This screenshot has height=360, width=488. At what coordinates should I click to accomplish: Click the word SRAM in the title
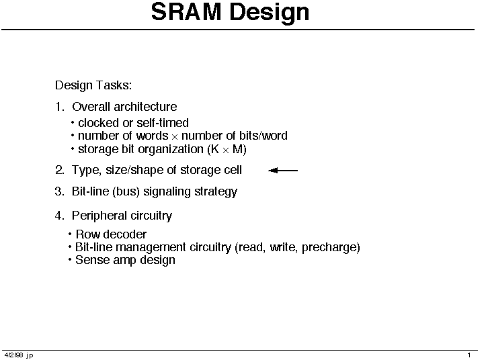tap(186, 12)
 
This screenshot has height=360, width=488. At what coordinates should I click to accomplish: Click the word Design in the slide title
tap(270, 13)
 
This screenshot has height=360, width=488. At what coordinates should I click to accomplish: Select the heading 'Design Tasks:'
tap(93, 85)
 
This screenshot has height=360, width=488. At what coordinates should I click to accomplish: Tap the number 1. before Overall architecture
tap(59, 107)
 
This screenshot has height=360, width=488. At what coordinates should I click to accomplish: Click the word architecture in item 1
tap(145, 107)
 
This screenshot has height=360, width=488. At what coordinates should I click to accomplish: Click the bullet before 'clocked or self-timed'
tap(73, 123)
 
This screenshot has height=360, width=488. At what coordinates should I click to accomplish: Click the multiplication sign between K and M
tap(226, 150)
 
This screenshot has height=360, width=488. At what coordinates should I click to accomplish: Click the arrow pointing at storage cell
tap(283, 171)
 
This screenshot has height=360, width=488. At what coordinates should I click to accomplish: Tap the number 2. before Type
tap(60, 170)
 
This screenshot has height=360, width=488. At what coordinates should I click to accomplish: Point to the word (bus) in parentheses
tap(126, 192)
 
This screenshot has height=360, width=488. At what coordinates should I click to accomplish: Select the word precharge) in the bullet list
tap(331, 248)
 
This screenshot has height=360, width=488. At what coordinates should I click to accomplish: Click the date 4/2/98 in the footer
tap(13, 355)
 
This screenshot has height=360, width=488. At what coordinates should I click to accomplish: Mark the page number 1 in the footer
tap(469, 355)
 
